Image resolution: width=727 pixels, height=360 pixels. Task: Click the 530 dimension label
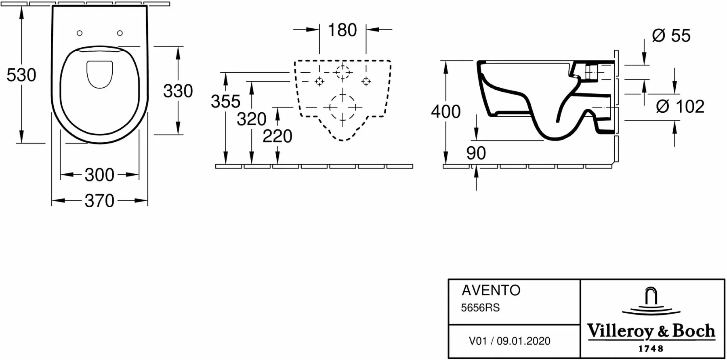click(21, 75)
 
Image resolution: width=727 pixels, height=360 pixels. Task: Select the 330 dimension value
click(178, 91)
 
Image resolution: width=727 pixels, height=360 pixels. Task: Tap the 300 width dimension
click(99, 175)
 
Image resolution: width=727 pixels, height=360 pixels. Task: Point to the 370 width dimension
click(99, 201)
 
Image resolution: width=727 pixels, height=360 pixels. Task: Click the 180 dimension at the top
click(342, 30)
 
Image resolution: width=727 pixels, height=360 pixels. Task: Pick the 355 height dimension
click(226, 101)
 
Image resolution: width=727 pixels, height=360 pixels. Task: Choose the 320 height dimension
click(252, 119)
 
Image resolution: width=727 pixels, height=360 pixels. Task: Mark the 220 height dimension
click(277, 137)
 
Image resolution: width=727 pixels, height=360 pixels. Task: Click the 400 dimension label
click(446, 112)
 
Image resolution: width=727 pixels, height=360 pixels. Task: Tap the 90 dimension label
click(476, 154)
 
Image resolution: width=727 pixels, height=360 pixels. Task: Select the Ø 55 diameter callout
click(671, 36)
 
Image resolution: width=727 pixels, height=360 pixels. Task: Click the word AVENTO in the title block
click(491, 291)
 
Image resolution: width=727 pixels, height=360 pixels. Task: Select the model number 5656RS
click(480, 308)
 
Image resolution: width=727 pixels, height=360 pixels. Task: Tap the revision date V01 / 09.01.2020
click(509, 341)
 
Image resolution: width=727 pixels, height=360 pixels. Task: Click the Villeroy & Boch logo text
click(651, 331)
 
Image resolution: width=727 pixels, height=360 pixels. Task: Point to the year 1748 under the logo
click(651, 348)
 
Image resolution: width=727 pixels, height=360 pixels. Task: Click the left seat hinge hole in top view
click(80, 33)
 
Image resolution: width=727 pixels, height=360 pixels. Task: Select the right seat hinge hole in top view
click(120, 33)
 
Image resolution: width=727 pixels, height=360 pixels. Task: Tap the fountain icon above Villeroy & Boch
click(651, 301)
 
